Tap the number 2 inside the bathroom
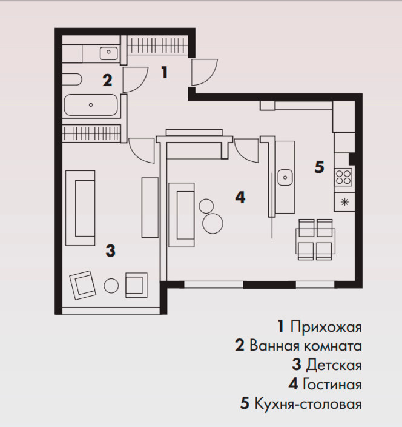[x=107, y=80]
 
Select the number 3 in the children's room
[x=110, y=250]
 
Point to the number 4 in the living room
[x=240, y=197]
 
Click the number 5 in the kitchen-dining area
[x=319, y=167]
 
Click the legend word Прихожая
[x=326, y=328]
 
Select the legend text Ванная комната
[x=305, y=346]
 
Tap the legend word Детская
[x=334, y=365]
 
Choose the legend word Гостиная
[x=332, y=385]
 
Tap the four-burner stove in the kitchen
[x=343, y=177]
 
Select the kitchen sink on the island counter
[x=286, y=178]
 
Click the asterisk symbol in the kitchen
[x=343, y=203]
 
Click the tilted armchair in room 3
[x=82, y=285]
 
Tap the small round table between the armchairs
[x=111, y=285]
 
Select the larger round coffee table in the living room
[x=213, y=224]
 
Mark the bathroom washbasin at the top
[x=109, y=53]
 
